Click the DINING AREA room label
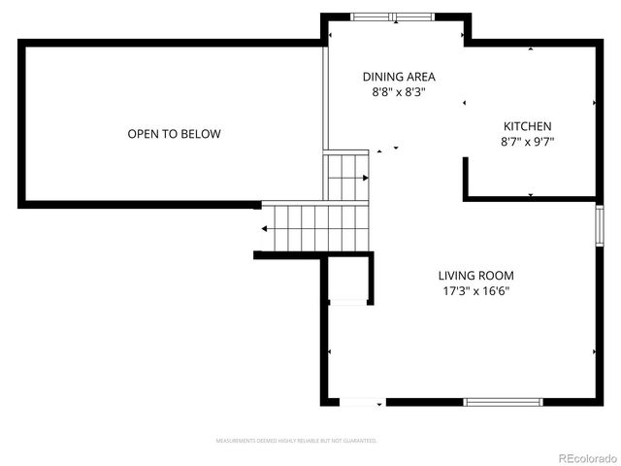(399, 77)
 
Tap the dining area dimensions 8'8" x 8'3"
(399, 92)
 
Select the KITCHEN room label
(527, 126)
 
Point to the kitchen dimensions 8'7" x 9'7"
(527, 142)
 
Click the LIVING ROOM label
(475, 276)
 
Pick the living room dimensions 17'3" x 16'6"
(475, 291)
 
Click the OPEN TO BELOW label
(174, 134)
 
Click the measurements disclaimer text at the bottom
(296, 441)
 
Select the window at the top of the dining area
(393, 17)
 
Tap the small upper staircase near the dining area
(346, 178)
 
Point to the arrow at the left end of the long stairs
(265, 229)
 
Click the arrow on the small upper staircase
(365, 178)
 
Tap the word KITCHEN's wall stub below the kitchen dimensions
(468, 179)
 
